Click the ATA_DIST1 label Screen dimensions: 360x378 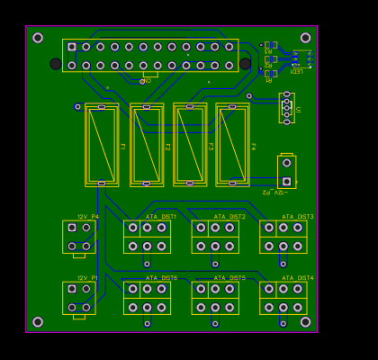click(161, 217)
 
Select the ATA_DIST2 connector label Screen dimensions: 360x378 click(229, 217)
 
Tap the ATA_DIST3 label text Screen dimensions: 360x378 click(298, 217)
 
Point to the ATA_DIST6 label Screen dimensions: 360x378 click(161, 278)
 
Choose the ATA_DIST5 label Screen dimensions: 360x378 click(229, 278)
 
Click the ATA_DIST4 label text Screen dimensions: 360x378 click(298, 278)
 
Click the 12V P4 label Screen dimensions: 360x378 click(87, 217)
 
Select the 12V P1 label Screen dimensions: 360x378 click(87, 278)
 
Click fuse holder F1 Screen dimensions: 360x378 click(102, 145)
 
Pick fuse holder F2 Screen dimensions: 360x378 click(147, 145)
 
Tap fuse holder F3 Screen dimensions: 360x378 click(190, 145)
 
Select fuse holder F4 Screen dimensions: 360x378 click(232, 145)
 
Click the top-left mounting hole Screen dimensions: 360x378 click(38, 38)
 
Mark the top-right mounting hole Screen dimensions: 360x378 click(305, 38)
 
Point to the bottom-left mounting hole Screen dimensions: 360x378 click(38, 321)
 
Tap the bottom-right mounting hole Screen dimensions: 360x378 click(305, 321)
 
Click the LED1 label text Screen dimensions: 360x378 click(295, 71)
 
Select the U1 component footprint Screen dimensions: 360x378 click(287, 108)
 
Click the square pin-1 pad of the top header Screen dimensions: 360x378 click(72, 47)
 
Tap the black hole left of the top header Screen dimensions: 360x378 click(56, 64)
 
